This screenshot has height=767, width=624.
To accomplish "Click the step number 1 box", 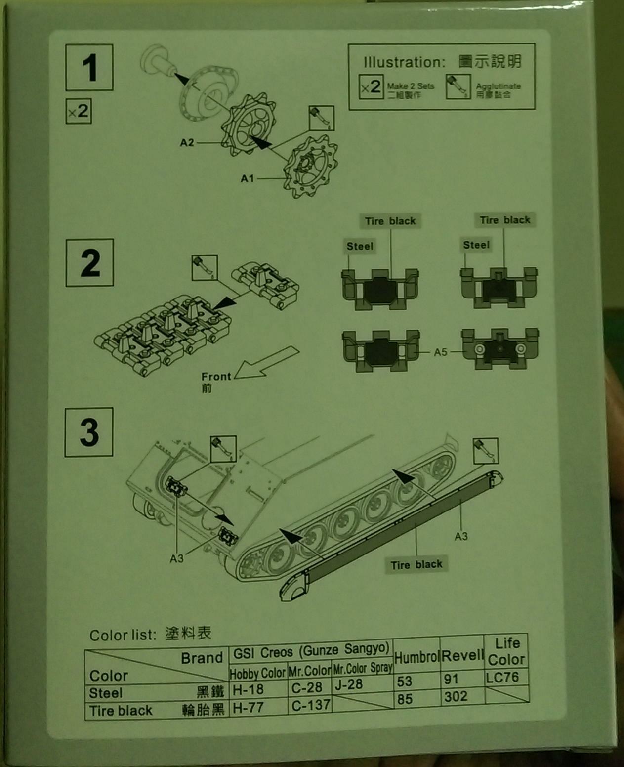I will click(x=89, y=68).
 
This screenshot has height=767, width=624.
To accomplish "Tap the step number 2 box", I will click(x=90, y=263).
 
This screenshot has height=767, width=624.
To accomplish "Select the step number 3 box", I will click(x=89, y=432).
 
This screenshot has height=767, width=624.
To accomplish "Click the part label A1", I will click(x=247, y=178).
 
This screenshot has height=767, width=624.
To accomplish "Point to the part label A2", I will click(x=187, y=143).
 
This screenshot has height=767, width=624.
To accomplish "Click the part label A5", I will click(x=440, y=352).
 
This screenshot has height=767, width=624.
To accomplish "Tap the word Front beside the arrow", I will click(x=216, y=376).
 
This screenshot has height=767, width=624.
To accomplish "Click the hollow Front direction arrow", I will click(x=267, y=364).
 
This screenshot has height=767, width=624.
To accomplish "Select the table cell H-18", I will click(x=248, y=689).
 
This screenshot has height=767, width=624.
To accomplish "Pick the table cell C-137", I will click(x=310, y=705).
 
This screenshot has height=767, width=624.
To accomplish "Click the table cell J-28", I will click(x=348, y=684).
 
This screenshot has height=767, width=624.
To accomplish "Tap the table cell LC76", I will click(x=502, y=677).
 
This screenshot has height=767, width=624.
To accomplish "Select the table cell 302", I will click(x=456, y=696).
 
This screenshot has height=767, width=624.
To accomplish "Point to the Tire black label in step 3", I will click(x=416, y=564).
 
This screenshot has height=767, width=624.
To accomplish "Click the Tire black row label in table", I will click(x=121, y=711).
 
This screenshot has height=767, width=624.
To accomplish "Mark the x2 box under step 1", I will click(x=79, y=111).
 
